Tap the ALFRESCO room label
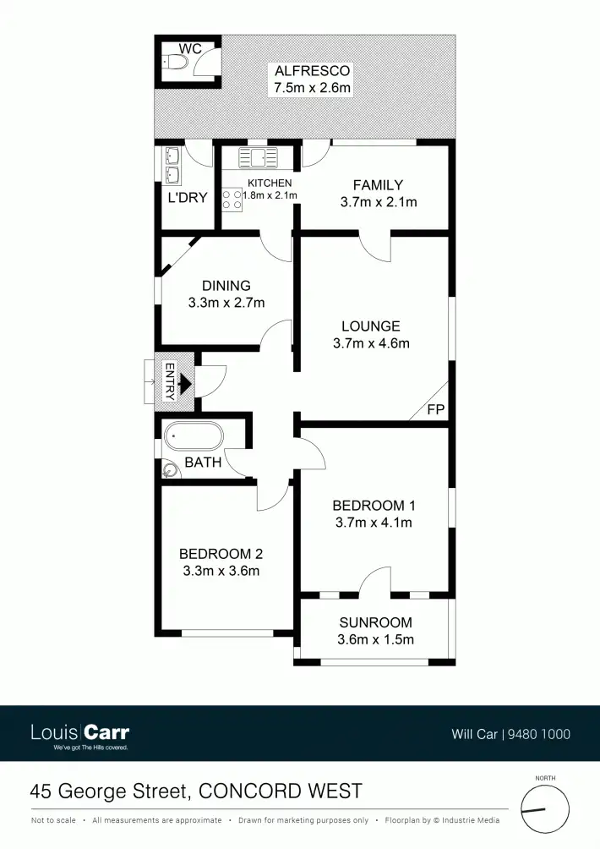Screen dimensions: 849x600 point(312,70)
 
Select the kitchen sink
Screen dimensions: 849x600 point(258,156)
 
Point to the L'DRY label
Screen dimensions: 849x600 point(187,198)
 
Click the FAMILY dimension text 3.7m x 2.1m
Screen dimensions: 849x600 point(378,202)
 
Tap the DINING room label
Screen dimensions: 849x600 point(226,286)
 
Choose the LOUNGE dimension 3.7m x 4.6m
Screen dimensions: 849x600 point(371,343)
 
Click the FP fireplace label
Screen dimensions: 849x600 point(436,410)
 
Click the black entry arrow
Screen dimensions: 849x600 point(185,386)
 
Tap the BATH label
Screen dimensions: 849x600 point(203,463)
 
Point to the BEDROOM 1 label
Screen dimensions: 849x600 point(374,506)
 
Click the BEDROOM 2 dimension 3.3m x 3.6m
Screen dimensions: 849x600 point(221,571)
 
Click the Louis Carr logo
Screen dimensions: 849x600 point(80,733)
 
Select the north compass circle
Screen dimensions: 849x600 point(544,810)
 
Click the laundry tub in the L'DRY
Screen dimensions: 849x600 point(172,165)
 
